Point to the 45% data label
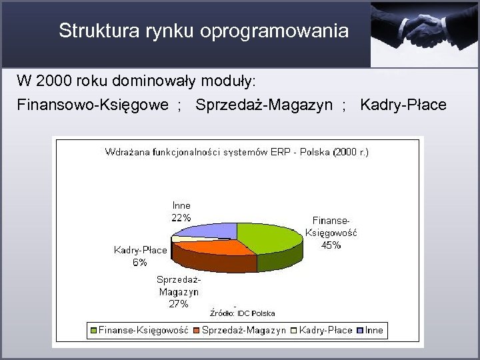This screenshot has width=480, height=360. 331,245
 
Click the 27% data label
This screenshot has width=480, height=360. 178,304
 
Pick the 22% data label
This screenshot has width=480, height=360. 181,217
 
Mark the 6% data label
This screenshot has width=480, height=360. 140,262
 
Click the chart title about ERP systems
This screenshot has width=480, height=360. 237,152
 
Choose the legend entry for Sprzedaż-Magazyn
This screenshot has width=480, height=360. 243,329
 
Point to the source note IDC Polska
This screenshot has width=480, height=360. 243,313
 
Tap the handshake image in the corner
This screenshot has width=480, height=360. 425,33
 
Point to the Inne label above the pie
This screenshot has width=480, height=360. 181,206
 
